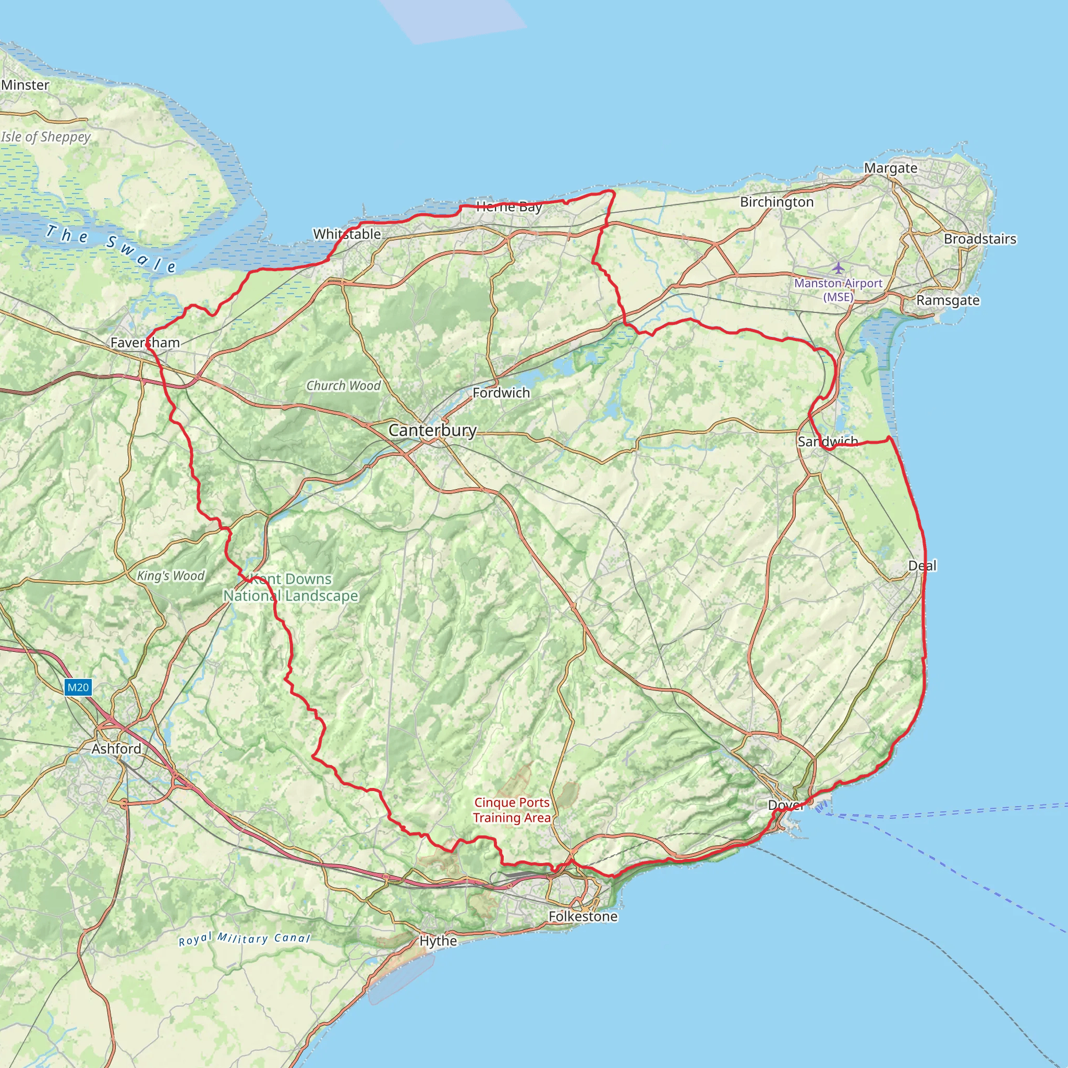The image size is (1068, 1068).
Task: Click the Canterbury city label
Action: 432,430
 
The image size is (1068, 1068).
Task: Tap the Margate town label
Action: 891,168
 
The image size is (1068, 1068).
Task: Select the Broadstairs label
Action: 980,239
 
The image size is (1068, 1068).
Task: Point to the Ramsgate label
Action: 948,300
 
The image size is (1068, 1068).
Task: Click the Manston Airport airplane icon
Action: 839,268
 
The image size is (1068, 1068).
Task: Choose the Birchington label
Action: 776,202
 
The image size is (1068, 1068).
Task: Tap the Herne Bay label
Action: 508,208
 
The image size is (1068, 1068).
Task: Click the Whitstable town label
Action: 347,234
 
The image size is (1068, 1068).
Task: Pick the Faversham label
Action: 145,343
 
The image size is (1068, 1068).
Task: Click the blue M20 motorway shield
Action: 77,688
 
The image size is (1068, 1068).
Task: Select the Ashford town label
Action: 116,748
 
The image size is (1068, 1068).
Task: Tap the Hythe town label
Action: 439,940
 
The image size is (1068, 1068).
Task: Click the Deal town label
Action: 923,565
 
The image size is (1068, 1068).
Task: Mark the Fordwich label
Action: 501,393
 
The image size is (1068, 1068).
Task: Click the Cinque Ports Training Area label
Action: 512,810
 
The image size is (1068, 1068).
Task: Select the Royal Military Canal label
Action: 245,939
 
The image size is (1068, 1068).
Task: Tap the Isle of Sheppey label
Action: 46,137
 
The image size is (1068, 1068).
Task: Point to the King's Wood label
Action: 171,576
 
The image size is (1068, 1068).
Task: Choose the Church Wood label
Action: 343,385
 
